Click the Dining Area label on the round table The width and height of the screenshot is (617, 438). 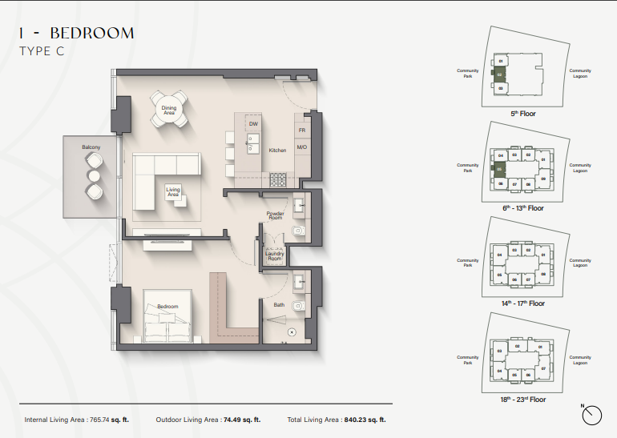point(169,111)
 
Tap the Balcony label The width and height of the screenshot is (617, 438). point(90,148)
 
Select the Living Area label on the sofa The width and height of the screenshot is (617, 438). point(172,193)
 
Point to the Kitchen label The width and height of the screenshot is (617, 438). point(277,151)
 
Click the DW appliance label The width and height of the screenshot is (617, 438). point(253,125)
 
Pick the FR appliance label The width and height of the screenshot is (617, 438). point(302,130)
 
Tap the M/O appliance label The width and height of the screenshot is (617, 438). point(302,147)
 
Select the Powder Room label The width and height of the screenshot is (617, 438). point(275,216)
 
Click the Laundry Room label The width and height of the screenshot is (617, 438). point(274,256)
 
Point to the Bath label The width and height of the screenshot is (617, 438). point(278,304)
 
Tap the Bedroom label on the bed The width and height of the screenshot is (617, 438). point(167,307)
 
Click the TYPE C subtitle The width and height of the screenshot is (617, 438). point(41,51)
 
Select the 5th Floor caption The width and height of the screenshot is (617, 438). point(523,114)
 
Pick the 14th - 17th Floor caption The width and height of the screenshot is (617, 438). point(523,303)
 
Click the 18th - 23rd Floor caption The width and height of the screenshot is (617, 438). point(523,398)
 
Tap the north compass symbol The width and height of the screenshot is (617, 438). point(591,414)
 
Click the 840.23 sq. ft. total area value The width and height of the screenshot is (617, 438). point(365,419)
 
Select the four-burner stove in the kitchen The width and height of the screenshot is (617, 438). point(278,179)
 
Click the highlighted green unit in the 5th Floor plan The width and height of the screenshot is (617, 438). point(500,74)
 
